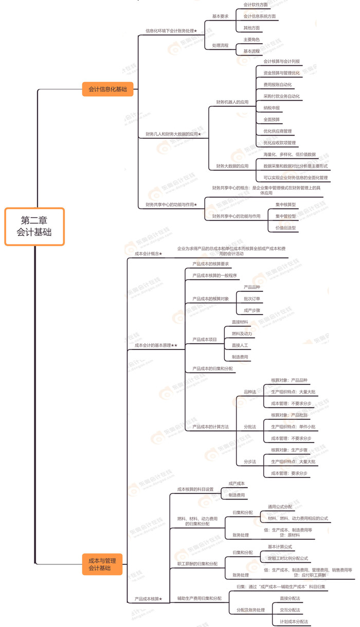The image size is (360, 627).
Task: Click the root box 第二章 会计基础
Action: coord(34,226)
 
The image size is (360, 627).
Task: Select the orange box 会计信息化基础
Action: coord(107,89)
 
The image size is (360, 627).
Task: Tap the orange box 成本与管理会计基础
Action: coord(102,564)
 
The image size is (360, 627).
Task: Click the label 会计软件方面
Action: coord(256,5)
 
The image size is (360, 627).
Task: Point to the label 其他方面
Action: coord(251,28)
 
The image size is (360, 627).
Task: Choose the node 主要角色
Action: coord(251,40)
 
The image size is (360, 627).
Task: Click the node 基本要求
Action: coord(221,16)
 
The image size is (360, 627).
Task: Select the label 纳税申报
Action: coord(271,108)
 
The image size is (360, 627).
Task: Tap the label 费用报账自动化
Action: coord(277,84)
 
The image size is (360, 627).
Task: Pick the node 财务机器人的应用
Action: coord(232,102)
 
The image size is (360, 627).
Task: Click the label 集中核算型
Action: coord(285,205)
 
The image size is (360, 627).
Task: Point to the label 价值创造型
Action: coord(285,228)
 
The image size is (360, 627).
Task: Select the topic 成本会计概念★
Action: coord(148,253)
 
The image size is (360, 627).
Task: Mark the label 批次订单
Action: coord(252,299)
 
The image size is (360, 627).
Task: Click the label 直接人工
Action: coord(240,345)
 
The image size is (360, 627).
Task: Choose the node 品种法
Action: coord(250,392)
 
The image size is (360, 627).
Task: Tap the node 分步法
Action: coord(250,462)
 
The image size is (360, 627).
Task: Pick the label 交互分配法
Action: coord(290,610)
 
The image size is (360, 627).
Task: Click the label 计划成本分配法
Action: coord(294,622)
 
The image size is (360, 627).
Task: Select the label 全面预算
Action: coord(271,120)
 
